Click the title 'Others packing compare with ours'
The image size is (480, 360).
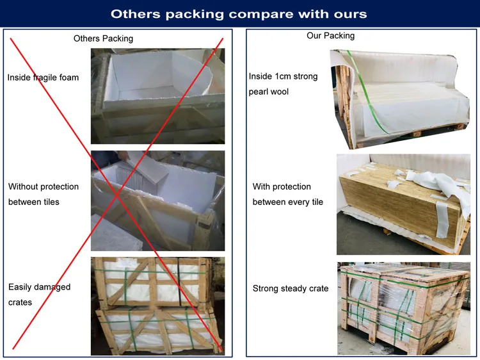click(239, 13)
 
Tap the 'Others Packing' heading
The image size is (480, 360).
click(103, 38)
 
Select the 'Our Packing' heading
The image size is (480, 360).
click(330, 36)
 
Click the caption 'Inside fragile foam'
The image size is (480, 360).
click(43, 78)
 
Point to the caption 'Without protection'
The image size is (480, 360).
click(44, 186)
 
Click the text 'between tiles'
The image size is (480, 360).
click(33, 202)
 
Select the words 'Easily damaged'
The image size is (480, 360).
click(39, 287)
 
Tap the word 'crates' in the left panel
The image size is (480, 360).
click(20, 302)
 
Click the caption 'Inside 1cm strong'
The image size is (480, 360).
click(283, 76)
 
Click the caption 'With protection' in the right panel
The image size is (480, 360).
click(282, 186)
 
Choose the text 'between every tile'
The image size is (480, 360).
click(288, 202)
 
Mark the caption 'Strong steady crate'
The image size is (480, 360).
click(291, 288)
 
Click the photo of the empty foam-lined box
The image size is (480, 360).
click(157, 96)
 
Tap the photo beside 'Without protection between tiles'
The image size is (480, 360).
click(157, 200)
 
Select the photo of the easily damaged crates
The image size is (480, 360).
click(157, 306)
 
